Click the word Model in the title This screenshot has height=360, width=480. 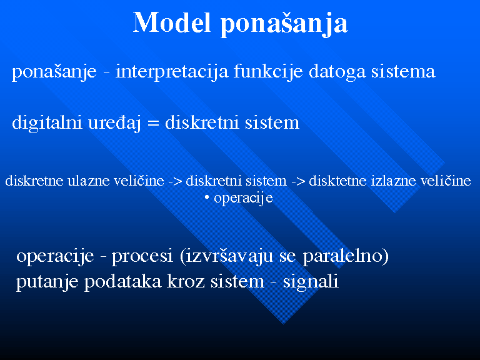tap(172, 22)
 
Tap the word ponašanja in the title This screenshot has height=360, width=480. tap(284, 24)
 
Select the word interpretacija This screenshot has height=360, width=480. tap(172, 72)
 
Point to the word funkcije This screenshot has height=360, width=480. tap(268, 72)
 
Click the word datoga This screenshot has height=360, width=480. tap(337, 73)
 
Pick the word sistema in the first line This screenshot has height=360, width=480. tap(403, 72)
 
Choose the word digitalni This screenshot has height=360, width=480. tap(47, 123)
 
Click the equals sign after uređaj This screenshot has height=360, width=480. tap(153, 124)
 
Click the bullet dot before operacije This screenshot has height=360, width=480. tap(207, 198)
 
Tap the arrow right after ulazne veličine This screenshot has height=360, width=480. tap(175, 181)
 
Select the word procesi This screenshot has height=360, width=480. tap(142, 256)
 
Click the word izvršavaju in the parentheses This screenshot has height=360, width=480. tap(229, 256)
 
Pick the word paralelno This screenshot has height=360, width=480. tap(342, 256)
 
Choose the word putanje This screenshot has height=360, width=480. tap(47, 282)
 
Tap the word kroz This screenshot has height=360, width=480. tap(186, 282)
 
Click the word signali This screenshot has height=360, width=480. tap(311, 282)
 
